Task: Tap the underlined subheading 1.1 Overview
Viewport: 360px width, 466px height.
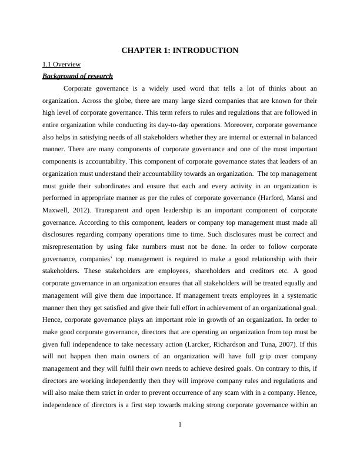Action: (x=62, y=64)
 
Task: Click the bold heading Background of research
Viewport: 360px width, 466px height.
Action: (x=78, y=76)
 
